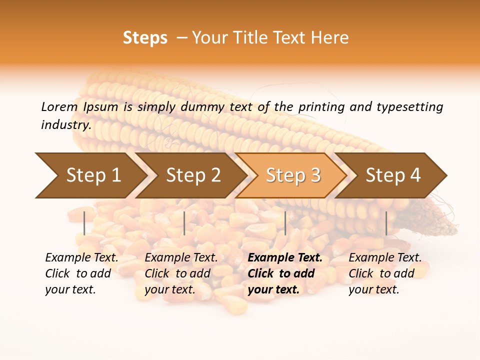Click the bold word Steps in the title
click(145, 38)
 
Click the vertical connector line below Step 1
click(84, 223)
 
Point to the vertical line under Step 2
click(184, 223)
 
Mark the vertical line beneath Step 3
click(285, 223)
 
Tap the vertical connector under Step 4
click(386, 223)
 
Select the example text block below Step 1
click(81, 273)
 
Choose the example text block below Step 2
click(181, 273)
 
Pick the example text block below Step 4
click(385, 273)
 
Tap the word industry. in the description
click(66, 125)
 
